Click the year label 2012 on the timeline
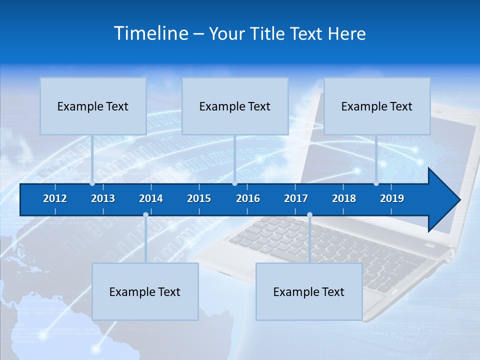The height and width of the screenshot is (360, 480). click(x=55, y=198)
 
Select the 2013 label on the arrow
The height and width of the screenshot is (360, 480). click(x=103, y=198)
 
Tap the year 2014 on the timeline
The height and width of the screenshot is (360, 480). click(x=151, y=198)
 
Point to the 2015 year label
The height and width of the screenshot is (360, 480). click(x=199, y=198)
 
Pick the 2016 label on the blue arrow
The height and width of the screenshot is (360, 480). click(x=248, y=198)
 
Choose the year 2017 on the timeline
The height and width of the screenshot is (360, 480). click(x=296, y=198)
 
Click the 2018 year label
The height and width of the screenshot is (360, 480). click(x=344, y=198)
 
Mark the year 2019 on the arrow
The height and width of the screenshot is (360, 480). click(x=392, y=198)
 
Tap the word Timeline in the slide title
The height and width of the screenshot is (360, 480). click(x=151, y=33)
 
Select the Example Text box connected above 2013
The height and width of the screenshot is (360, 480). click(x=93, y=106)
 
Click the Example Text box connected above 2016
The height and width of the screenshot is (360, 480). click(x=235, y=106)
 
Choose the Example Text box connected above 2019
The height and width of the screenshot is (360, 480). click(x=377, y=106)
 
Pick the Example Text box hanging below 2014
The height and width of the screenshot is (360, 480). click(x=145, y=291)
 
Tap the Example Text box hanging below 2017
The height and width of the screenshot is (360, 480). click(x=309, y=291)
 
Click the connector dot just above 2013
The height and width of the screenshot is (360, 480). click(x=92, y=183)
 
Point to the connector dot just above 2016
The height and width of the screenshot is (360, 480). click(x=234, y=183)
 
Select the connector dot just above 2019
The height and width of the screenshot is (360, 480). click(x=376, y=183)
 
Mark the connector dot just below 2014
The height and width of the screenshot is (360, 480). click(x=145, y=215)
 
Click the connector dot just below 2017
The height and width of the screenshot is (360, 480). click(x=309, y=215)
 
